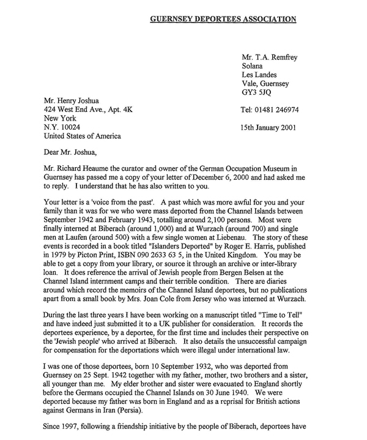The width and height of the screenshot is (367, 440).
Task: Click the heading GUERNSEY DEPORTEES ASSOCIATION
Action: (223, 19)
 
